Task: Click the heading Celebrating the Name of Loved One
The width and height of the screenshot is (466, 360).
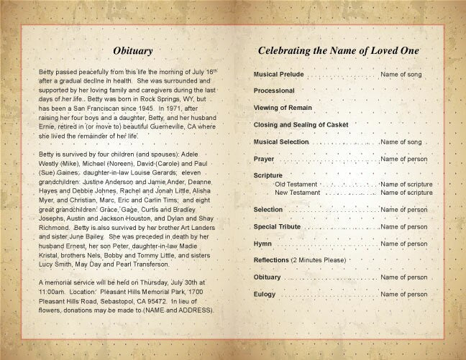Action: (339, 51)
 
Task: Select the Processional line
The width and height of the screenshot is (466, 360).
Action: (274, 91)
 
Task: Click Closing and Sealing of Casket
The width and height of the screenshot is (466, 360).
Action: (301, 124)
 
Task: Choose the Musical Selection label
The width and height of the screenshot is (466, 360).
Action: (281, 142)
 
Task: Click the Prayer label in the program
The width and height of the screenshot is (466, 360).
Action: (264, 158)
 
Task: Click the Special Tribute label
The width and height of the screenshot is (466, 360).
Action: (278, 226)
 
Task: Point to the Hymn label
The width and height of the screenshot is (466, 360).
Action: (263, 244)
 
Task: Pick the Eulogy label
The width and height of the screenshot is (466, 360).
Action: (265, 294)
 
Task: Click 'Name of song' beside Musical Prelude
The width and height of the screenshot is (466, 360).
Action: (401, 75)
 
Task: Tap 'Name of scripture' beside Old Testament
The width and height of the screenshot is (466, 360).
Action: (406, 185)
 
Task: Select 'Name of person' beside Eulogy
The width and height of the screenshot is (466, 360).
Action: (403, 294)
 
